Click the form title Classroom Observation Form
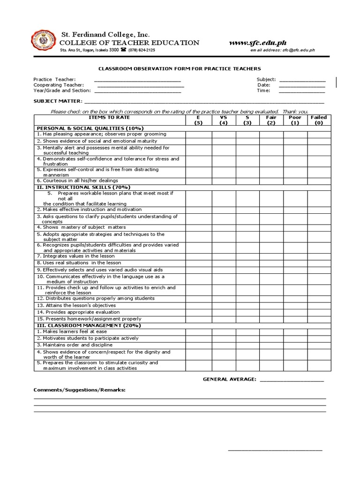[180, 68]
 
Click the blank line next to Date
[302, 85]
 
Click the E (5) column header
[198, 120]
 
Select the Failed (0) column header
[319, 120]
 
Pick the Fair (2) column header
[271, 120]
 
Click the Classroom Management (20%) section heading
[89, 325]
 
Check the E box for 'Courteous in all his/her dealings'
[198, 180]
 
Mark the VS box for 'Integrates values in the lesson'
[224, 256]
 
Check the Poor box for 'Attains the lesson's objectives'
[295, 305]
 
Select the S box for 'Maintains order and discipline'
[247, 345]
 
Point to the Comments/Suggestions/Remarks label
[79, 390]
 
